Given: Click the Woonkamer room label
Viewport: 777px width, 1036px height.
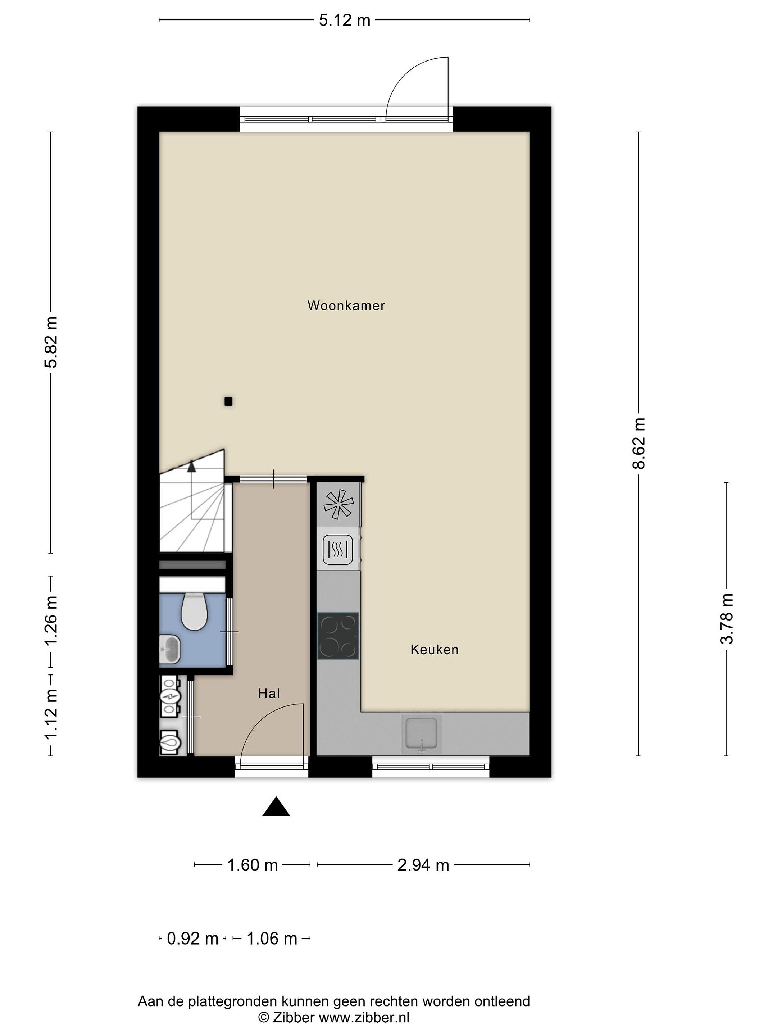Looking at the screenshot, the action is (x=346, y=306).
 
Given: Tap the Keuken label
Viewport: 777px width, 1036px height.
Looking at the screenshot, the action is (x=434, y=650).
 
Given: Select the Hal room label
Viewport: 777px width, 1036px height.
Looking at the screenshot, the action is (x=269, y=693).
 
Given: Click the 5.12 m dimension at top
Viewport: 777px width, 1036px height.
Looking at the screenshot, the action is (x=345, y=21).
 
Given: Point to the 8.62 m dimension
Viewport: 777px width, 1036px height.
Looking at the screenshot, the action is (x=639, y=444).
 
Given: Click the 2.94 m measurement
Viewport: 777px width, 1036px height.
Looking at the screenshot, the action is (x=423, y=865).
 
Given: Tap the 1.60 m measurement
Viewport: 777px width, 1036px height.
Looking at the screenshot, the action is (x=253, y=865).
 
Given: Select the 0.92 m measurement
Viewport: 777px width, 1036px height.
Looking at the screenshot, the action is (x=192, y=939).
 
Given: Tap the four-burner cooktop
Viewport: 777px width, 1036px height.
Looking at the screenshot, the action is (x=338, y=636).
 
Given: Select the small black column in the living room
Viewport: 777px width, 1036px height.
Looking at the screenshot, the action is (x=228, y=401).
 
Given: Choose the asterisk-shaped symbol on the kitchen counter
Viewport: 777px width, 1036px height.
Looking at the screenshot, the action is (x=338, y=504).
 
